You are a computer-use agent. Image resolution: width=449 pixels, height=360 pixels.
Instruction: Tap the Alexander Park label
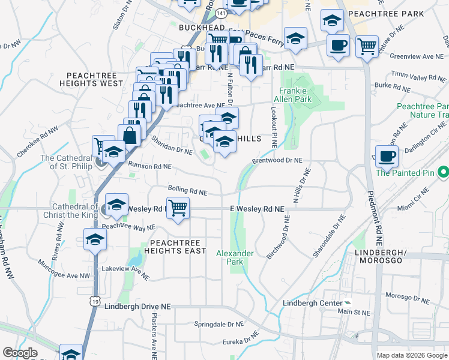(x=235, y=257)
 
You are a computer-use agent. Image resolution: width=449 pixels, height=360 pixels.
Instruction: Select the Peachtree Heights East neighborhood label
(x=175, y=246)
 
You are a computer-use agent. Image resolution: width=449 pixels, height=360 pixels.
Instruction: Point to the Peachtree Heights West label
(x=95, y=79)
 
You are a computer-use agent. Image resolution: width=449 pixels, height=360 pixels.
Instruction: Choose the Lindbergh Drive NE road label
(x=137, y=306)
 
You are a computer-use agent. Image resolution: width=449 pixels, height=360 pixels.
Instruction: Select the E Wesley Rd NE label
(x=256, y=209)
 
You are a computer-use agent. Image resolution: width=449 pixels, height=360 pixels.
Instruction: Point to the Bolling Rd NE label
(x=187, y=191)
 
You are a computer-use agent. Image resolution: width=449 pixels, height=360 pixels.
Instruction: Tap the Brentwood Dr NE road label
(x=277, y=161)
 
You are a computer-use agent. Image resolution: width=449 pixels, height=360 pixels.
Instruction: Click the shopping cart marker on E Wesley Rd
(x=178, y=208)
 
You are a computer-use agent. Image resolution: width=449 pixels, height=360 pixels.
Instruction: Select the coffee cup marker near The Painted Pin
(x=387, y=155)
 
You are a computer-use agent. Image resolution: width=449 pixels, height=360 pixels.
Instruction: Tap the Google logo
(x=20, y=353)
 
